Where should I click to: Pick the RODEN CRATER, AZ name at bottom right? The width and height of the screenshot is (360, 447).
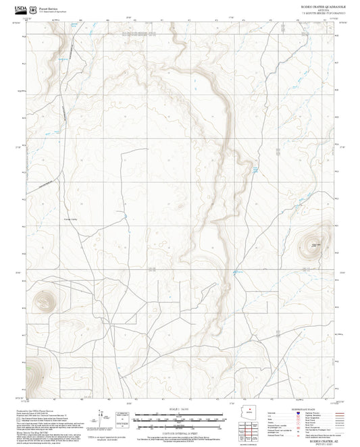click(316, 437)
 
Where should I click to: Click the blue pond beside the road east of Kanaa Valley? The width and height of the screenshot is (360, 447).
click(126, 217)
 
